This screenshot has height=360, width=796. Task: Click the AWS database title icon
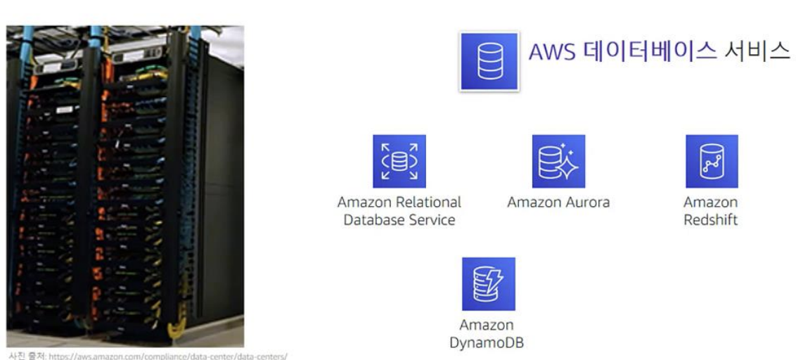point(488,61)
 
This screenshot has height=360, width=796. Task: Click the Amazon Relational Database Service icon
point(399,161)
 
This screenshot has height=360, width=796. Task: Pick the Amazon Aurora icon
point(558,161)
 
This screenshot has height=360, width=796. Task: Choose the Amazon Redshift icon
point(712,161)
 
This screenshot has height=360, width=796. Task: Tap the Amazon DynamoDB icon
point(488,283)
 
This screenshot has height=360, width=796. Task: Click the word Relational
point(429,202)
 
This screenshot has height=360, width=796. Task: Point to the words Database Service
point(399,219)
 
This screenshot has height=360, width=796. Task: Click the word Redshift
point(711,219)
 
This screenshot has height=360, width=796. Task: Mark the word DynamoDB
point(487,343)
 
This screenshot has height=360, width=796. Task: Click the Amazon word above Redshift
point(711,202)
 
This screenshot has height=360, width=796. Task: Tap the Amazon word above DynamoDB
point(487,326)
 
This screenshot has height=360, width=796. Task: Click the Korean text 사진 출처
point(27,355)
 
